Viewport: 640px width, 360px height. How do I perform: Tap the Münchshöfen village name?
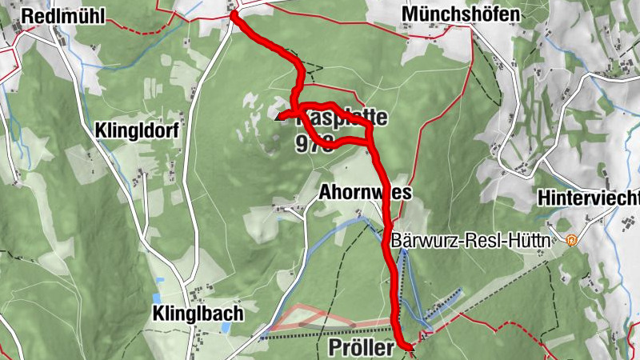pyautogui.click(x=461, y=14)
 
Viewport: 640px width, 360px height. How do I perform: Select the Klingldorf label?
pyautogui.click(x=139, y=130)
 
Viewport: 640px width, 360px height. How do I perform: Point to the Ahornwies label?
pyautogui.click(x=365, y=193)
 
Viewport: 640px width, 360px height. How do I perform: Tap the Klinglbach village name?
pyautogui.click(x=197, y=314)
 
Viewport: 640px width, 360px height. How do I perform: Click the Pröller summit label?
pyautogui.click(x=362, y=349)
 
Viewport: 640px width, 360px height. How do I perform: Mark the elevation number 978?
pyautogui.click(x=313, y=144)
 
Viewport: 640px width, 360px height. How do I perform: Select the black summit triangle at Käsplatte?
pyautogui.click(x=280, y=118)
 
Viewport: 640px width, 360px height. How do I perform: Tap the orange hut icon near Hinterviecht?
pyautogui.click(x=572, y=239)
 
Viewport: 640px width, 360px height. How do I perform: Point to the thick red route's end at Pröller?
pyautogui.click(x=409, y=347)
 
